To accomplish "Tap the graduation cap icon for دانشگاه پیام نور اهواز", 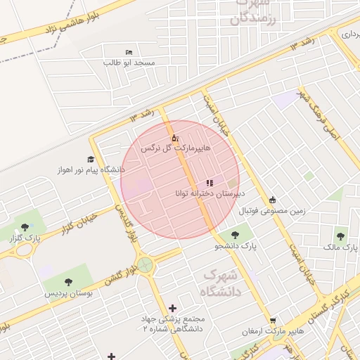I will (90, 160).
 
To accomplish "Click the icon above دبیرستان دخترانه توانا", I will (209, 184).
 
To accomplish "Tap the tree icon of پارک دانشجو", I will (234, 236).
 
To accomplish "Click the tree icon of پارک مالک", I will (341, 237).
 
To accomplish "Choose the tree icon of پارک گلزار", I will (25, 227).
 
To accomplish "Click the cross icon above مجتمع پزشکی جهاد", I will (173, 308).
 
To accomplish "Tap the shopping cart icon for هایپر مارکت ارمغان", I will (273, 321).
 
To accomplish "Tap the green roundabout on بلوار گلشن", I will (145, 265).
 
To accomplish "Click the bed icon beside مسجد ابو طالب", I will (128, 53).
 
